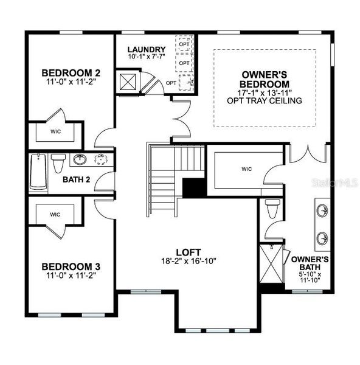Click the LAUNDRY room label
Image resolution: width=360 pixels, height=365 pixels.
tap(147, 49)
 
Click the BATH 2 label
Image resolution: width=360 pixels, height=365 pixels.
tap(77, 179)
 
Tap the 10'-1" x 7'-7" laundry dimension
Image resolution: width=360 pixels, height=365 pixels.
tap(147, 57)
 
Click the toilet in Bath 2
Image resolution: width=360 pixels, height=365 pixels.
tap(58, 163)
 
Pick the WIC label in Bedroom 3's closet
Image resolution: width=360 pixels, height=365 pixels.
tap(54, 214)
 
